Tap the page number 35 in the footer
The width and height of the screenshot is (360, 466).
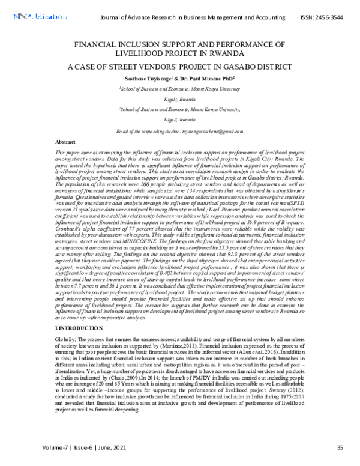point(340,447)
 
